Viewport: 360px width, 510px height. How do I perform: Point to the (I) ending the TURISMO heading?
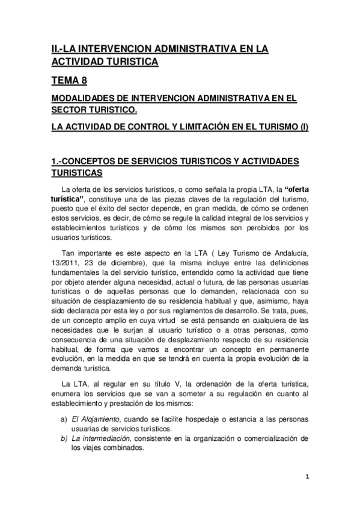coord(304,128)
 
